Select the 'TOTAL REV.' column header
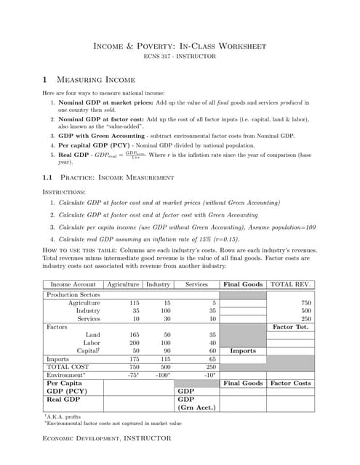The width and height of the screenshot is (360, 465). pos(292,284)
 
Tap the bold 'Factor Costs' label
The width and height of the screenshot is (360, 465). pos(292,382)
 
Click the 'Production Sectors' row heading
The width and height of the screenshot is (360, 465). pos(73,295)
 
